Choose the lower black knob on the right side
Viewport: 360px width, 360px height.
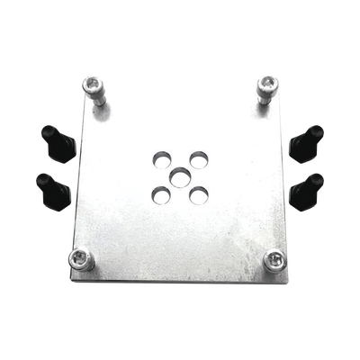pyautogui.click(x=308, y=186)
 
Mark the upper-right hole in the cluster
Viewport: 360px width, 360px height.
pyautogui.click(x=198, y=156)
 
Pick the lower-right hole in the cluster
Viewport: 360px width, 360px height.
pyautogui.click(x=200, y=192)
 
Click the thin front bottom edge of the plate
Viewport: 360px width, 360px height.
pyautogui.click(x=180, y=279)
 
